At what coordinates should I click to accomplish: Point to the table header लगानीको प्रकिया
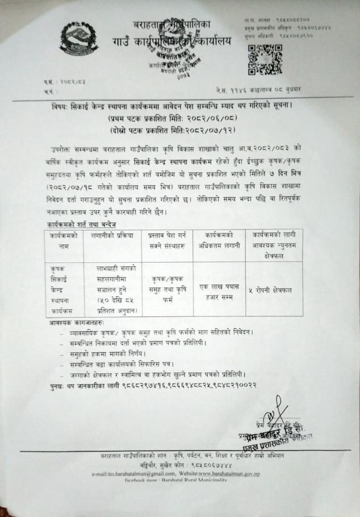(x=112, y=234)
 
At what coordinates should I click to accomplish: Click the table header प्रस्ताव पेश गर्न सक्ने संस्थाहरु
(x=167, y=240)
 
